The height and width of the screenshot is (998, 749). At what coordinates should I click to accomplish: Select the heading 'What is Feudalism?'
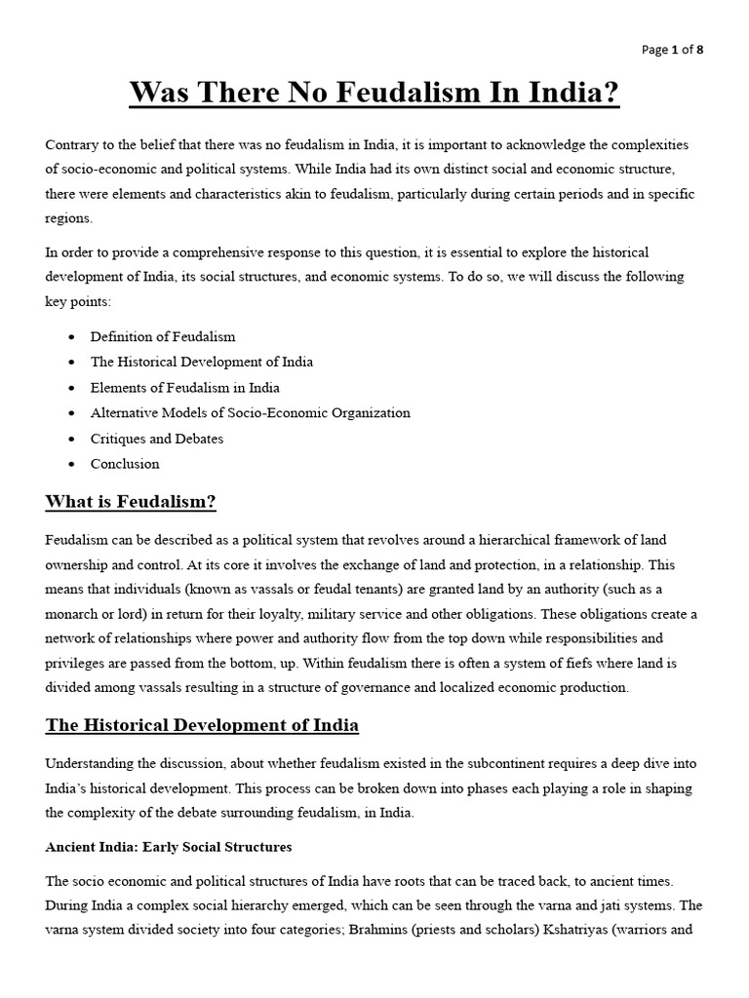(131, 502)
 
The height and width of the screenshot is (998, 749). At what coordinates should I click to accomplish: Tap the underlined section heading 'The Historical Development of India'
(202, 725)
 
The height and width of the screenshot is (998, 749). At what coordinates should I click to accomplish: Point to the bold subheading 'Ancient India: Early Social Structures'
(169, 847)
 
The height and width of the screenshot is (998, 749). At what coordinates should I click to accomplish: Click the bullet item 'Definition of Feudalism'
(163, 336)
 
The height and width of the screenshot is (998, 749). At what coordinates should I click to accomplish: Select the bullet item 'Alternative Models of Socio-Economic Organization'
(251, 412)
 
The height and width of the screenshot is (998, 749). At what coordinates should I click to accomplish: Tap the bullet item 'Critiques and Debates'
(157, 439)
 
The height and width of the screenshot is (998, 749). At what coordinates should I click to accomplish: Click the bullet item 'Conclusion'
(125, 464)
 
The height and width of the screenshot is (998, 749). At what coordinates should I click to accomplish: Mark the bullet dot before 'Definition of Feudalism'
(73, 337)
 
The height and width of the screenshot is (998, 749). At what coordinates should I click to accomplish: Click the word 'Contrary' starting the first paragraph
(70, 144)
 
